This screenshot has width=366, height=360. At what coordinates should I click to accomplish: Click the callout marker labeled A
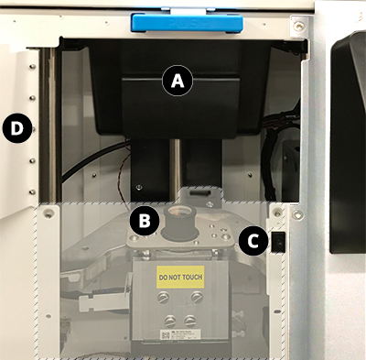click(x=178, y=81)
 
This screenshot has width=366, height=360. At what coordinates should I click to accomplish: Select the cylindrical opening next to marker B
click(x=177, y=222)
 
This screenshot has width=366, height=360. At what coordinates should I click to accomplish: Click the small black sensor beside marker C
click(x=279, y=241)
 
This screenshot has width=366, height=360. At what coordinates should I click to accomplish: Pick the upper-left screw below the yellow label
click(x=167, y=299)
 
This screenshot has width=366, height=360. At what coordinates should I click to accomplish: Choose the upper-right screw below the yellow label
click(x=193, y=299)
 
